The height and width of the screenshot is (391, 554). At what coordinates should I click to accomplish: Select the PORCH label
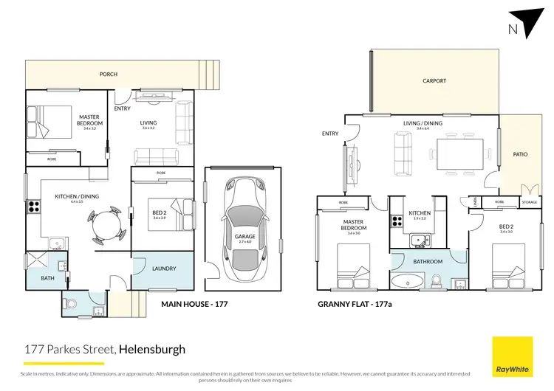(109, 74)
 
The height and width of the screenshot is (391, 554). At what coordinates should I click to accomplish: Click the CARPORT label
(434, 81)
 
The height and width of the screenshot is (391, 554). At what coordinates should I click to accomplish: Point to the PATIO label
(520, 155)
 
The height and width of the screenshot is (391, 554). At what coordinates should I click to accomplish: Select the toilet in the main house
(72, 302)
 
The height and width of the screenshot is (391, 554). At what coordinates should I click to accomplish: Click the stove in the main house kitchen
(33, 207)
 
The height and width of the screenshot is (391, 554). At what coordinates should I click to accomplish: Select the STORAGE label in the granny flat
(528, 201)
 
